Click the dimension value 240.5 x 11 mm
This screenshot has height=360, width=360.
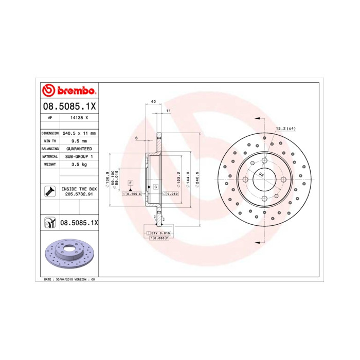tap(79, 133)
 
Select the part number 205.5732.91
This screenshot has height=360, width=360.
tap(79, 194)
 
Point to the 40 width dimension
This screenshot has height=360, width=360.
tap(153, 102)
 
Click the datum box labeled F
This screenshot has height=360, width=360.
tap(131, 183)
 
